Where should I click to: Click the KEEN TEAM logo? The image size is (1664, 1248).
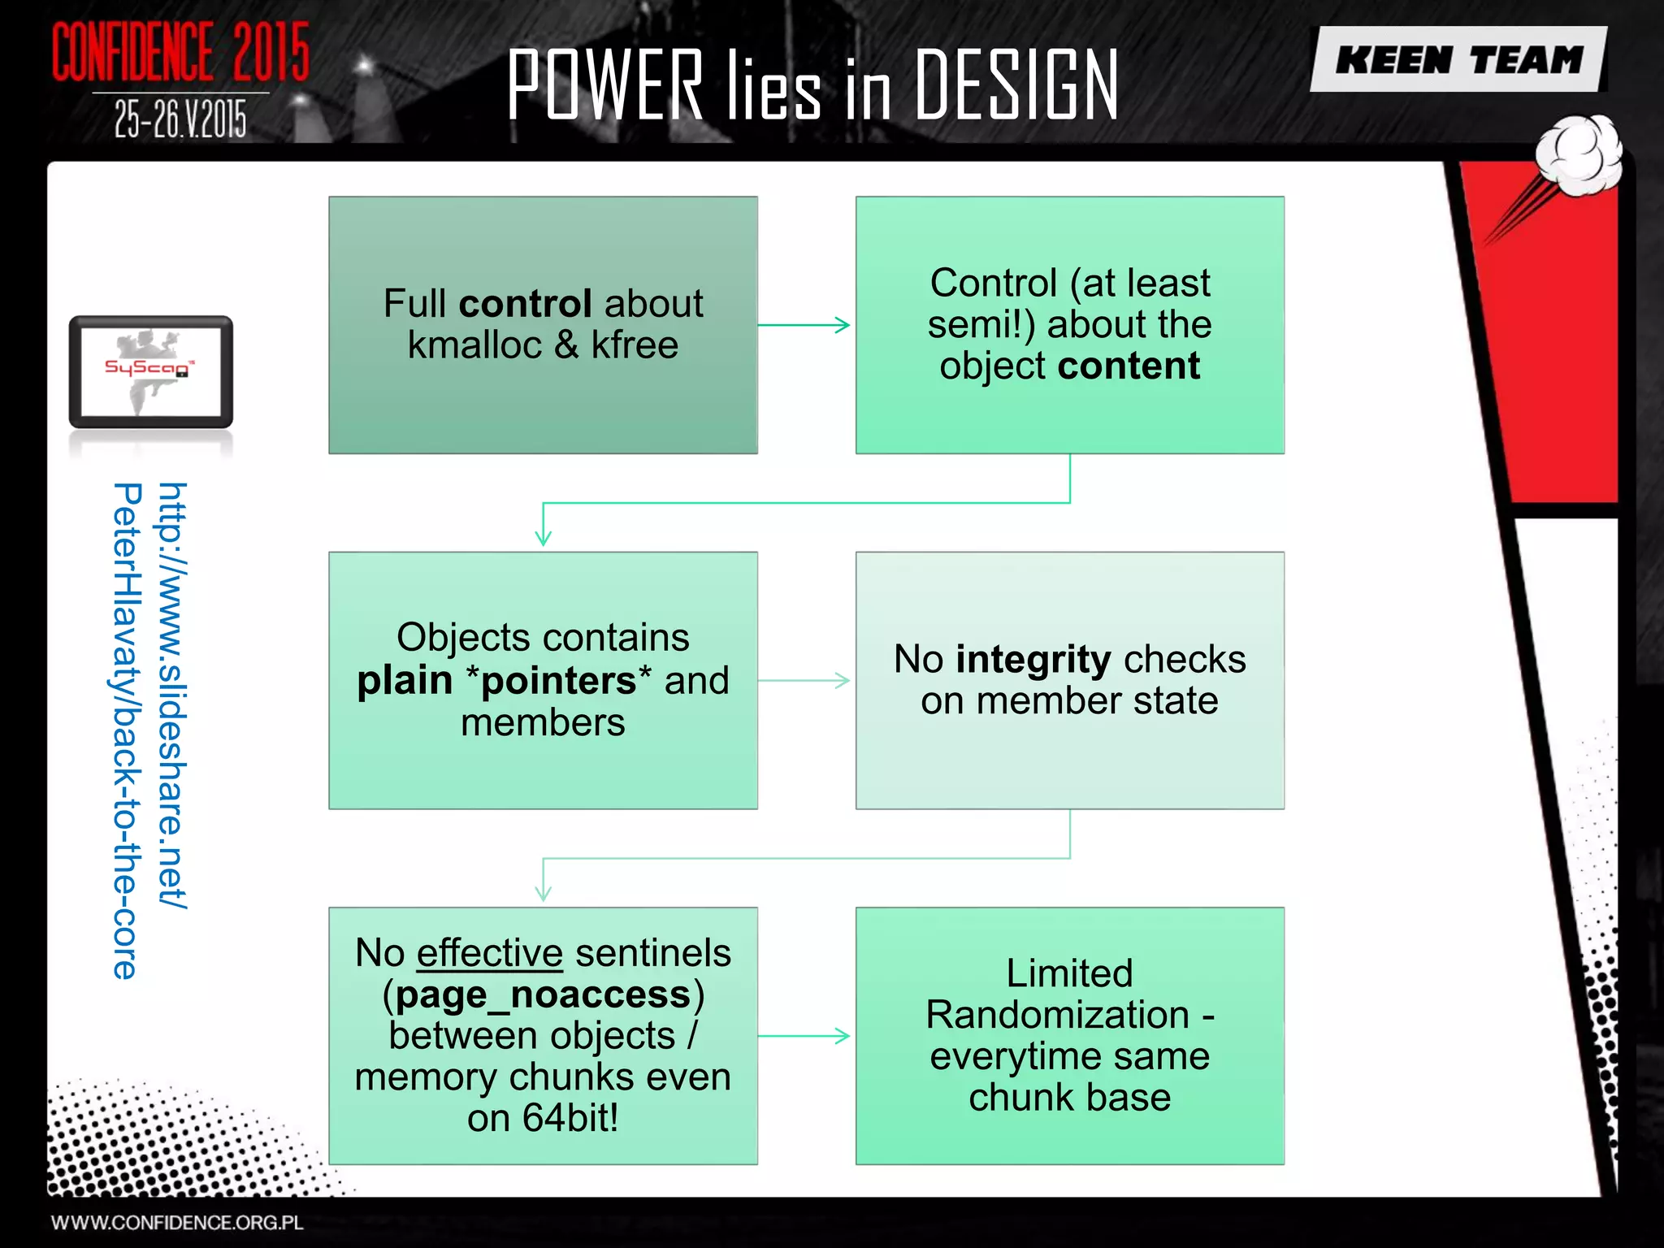(1459, 59)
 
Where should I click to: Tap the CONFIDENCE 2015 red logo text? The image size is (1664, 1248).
(180, 52)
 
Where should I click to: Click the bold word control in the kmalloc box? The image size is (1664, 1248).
(525, 304)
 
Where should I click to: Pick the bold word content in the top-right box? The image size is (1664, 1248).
(1129, 366)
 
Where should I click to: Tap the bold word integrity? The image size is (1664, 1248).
(1033, 659)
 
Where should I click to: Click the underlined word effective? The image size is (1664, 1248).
(489, 953)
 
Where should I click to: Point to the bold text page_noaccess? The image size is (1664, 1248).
(543, 994)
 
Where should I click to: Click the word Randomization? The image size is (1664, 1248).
(1057, 1015)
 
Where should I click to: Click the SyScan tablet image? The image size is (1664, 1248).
(151, 372)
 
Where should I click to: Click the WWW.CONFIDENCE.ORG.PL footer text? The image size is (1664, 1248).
(177, 1223)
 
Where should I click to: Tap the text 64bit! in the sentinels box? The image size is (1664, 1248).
(570, 1118)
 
